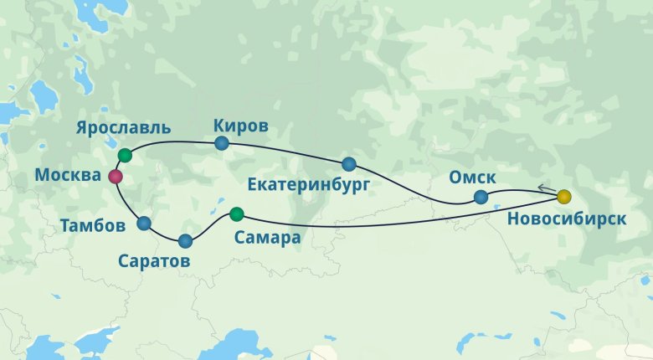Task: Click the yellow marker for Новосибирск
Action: [x=564, y=197]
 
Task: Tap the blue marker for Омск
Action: [x=481, y=198]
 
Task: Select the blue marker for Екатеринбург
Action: [x=348, y=163]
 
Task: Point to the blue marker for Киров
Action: [x=222, y=143]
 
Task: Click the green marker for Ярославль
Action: [x=125, y=155]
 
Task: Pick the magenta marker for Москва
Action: [x=116, y=177]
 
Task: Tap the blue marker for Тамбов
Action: [x=144, y=223]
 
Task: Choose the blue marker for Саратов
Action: [x=185, y=241]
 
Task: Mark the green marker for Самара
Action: [x=236, y=213]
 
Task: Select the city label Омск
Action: [x=473, y=177]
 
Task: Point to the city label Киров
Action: [x=241, y=126]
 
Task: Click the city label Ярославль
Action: [x=123, y=129]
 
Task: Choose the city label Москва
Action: [x=69, y=176]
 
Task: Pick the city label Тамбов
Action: [x=94, y=225]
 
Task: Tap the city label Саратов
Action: [x=153, y=261]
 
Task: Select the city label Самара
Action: [x=266, y=238]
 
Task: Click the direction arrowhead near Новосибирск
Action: [x=542, y=189]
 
